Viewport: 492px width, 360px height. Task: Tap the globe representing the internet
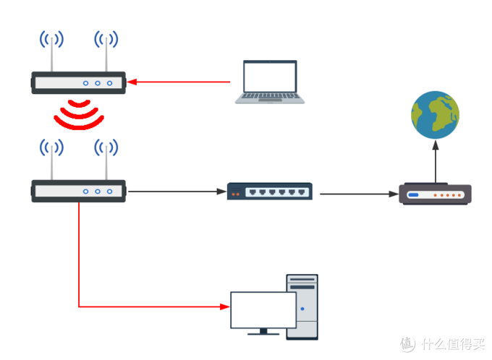click(x=435, y=114)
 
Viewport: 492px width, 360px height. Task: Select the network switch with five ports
click(x=270, y=192)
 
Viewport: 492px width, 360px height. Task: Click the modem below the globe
click(x=435, y=194)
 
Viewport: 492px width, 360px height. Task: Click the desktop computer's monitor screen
click(x=263, y=309)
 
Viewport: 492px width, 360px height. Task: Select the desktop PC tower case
click(x=302, y=306)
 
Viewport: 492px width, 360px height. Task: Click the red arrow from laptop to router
click(x=181, y=82)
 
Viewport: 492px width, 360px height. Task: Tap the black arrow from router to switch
click(x=174, y=192)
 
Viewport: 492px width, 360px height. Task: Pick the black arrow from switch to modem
click(x=358, y=194)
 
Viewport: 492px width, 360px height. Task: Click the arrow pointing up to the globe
click(x=436, y=163)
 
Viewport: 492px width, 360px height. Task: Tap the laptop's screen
click(x=270, y=77)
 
